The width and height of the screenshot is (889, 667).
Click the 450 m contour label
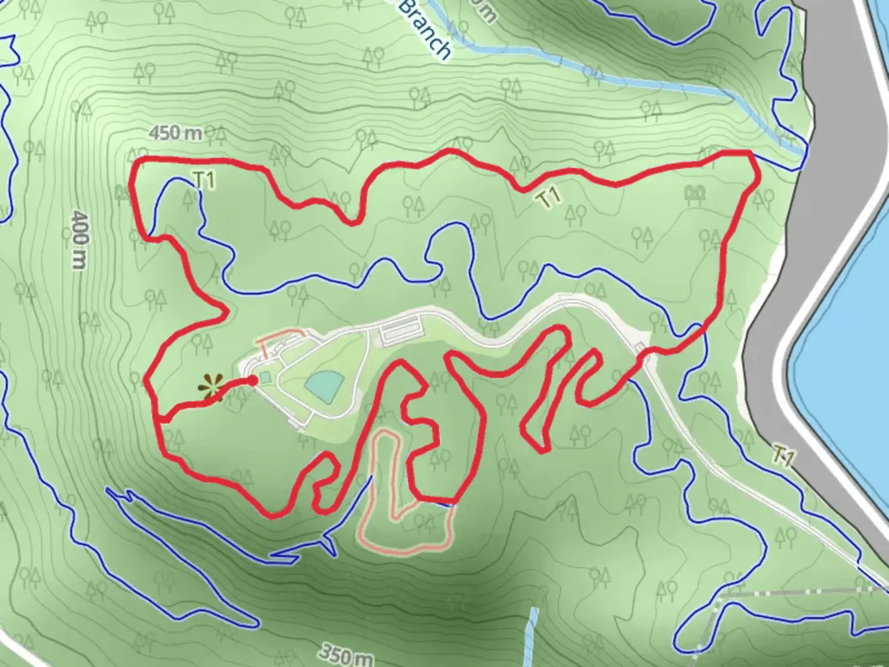tap(176, 133)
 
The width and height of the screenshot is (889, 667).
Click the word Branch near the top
tap(426, 28)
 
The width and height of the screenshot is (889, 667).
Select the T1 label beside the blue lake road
tap(783, 457)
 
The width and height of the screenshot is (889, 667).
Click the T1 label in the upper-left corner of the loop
tap(204, 180)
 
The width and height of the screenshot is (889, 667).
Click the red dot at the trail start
tap(252, 380)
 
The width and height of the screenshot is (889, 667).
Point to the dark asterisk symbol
tap(211, 388)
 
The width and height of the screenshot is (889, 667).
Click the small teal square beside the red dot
tap(265, 377)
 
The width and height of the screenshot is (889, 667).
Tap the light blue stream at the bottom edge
tap(532, 636)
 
